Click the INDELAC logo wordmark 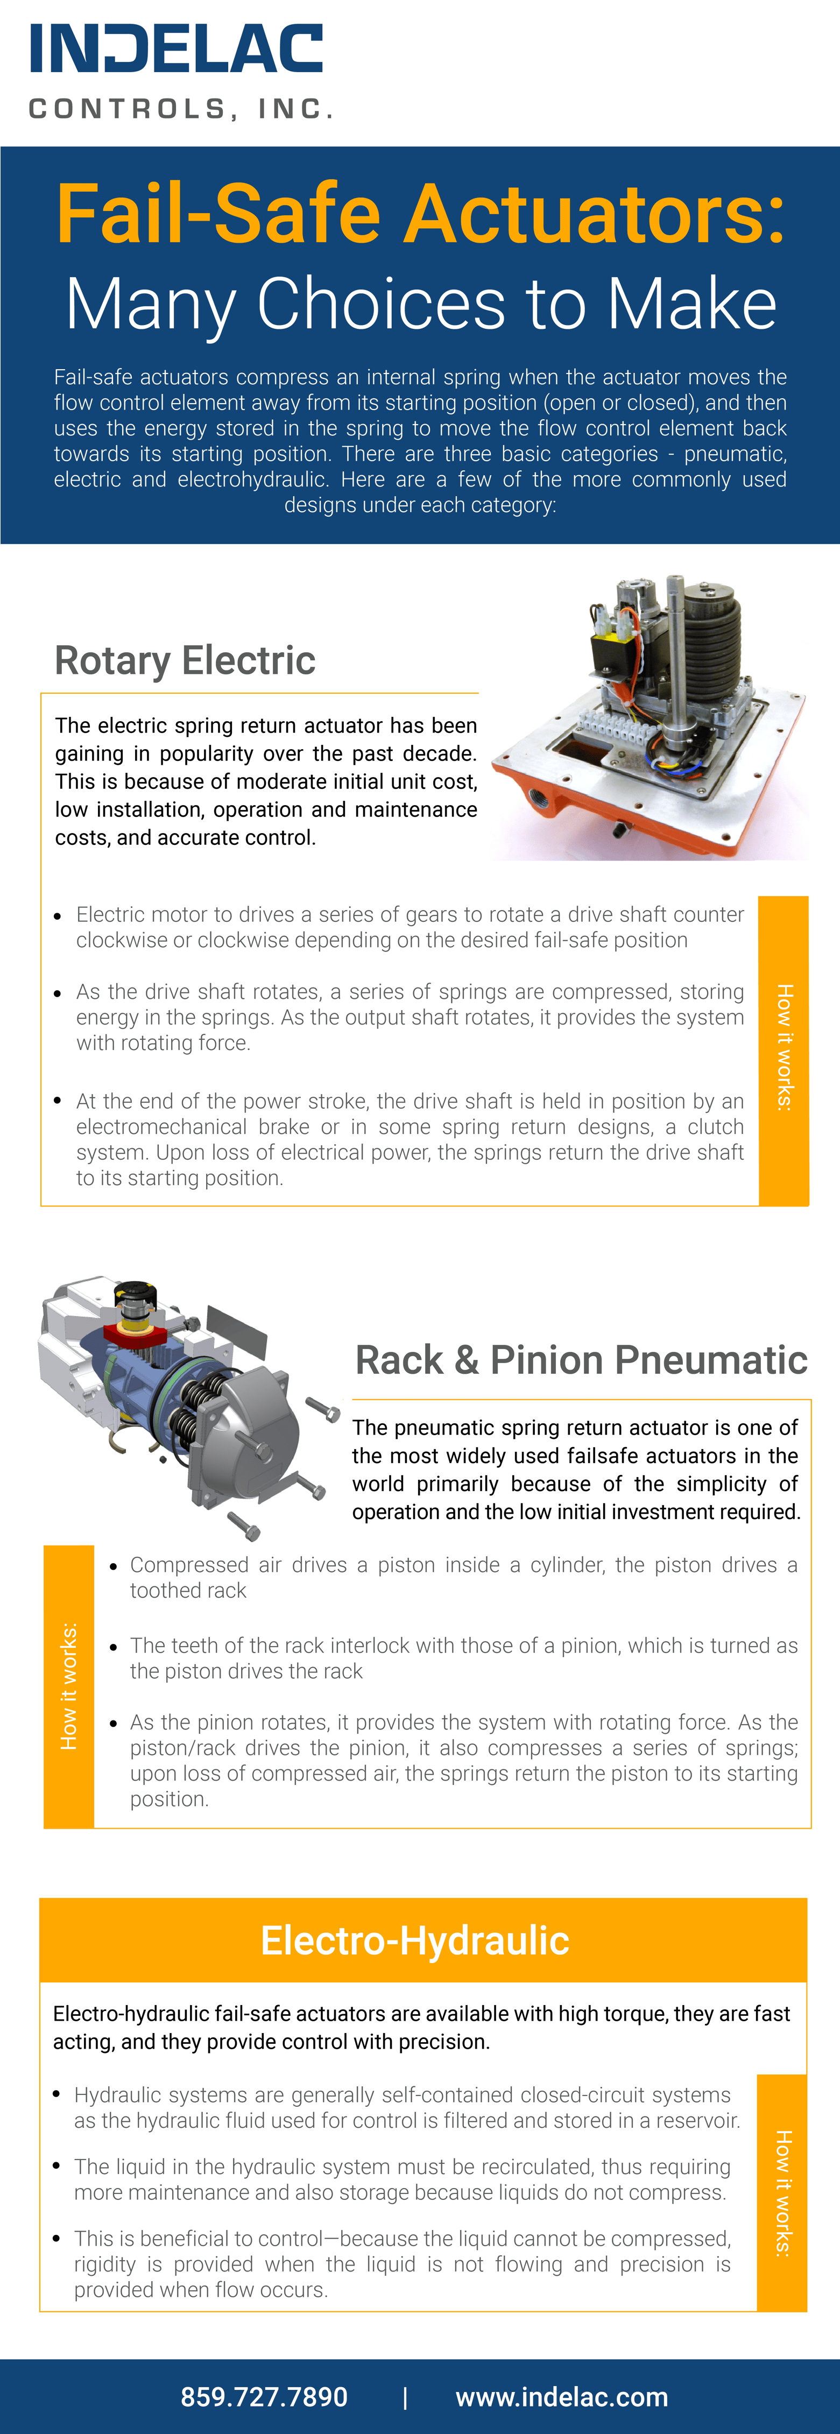click(x=177, y=49)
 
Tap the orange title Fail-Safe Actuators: click(x=420, y=214)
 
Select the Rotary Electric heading click(x=185, y=660)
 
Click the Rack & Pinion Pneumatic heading click(x=580, y=1360)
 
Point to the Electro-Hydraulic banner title click(x=415, y=1940)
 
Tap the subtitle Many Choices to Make click(x=420, y=304)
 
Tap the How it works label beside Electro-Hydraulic click(x=782, y=2193)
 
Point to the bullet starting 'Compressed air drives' click(x=463, y=1577)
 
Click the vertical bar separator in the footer click(x=405, y=2397)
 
